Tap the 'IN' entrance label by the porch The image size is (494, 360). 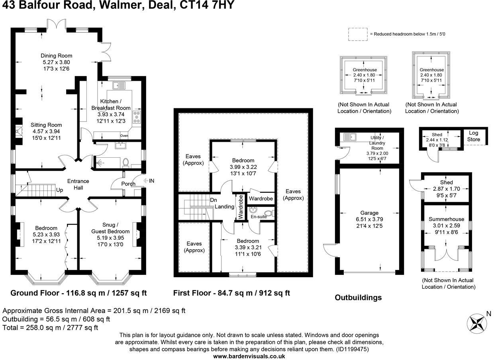(151, 181)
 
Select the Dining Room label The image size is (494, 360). (56, 56)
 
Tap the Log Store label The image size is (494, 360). (474, 136)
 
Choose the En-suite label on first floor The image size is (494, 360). (259, 217)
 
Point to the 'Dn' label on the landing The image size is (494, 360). (214, 200)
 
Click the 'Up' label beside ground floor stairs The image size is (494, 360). (59, 190)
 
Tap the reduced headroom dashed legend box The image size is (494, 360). (358, 34)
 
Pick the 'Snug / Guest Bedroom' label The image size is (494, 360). (110, 228)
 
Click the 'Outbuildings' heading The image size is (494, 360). (358, 297)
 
